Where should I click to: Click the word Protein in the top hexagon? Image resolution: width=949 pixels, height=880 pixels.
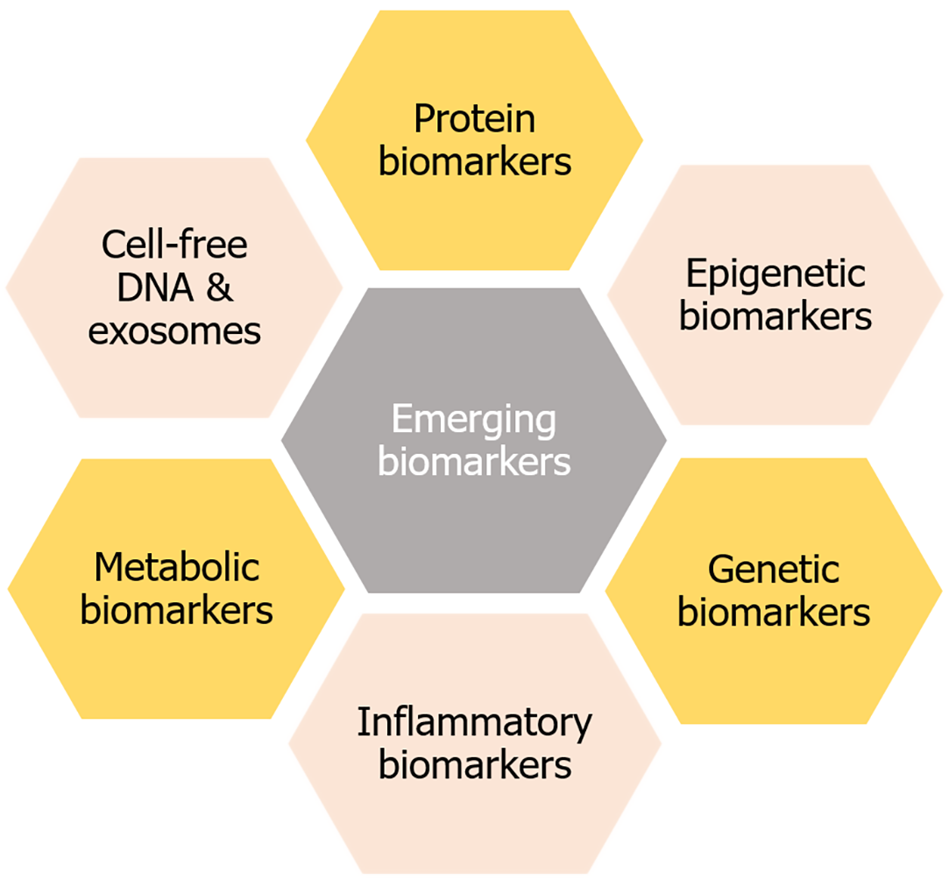pos(474,120)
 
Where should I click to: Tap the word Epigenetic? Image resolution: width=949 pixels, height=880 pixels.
pos(775,275)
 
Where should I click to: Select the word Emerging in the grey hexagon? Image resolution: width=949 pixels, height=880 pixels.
pos(473,420)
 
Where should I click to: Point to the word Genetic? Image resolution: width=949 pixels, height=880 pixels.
pos(774,571)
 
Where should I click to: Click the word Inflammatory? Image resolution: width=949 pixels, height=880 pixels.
pos(474,724)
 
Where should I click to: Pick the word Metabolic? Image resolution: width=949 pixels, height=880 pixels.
pos(177,568)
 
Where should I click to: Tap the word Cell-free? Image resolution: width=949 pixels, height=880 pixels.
pos(174,246)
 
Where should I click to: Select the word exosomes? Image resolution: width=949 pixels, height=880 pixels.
pos(174,332)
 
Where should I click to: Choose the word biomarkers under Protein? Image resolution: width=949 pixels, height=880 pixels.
pos(474,162)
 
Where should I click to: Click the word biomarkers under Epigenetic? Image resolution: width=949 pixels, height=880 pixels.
pos(775,317)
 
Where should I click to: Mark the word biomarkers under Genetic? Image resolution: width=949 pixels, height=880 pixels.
pos(774,613)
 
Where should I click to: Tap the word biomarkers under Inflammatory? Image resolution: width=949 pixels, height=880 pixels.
pos(474,766)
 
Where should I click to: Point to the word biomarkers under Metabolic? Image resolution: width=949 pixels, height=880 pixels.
pos(177,610)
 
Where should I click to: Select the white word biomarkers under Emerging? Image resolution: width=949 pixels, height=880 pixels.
pos(473,461)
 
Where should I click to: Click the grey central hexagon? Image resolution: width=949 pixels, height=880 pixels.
pos(473,517)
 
